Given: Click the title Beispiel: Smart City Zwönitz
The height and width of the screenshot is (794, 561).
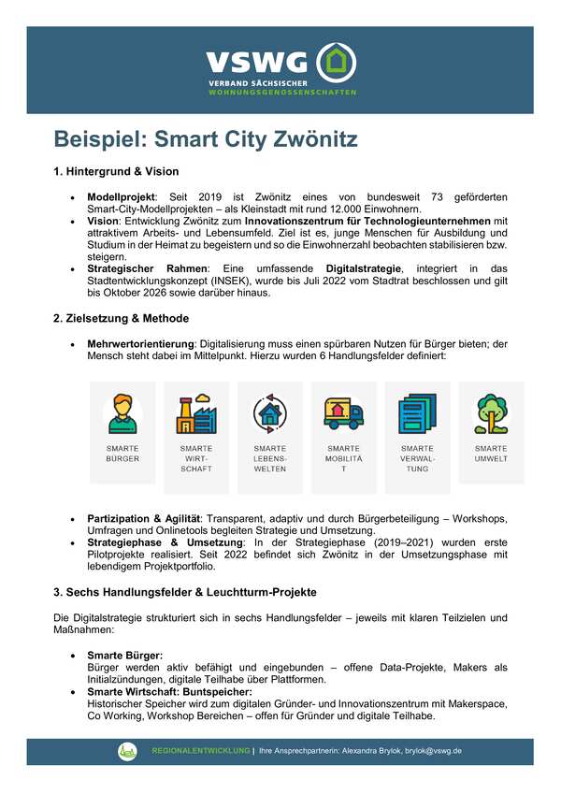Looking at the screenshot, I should point(206,141).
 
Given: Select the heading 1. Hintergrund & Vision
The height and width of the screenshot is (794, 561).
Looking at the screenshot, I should point(116,172).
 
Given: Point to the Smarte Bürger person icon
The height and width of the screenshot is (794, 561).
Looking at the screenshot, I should point(122,412).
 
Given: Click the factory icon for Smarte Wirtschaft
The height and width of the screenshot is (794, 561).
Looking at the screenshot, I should point(196,412).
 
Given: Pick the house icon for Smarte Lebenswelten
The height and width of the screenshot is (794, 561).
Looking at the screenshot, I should point(270,412).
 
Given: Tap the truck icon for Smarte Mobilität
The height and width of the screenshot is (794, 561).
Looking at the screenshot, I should point(343,412).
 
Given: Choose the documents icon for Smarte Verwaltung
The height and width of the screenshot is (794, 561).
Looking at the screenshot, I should point(417,412).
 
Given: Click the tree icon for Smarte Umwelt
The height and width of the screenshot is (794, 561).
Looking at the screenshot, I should point(491,412).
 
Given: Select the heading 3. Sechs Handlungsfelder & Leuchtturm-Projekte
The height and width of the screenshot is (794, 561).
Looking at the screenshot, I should point(185,592).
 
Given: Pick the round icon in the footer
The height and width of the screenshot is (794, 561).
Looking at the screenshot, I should point(127,750).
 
